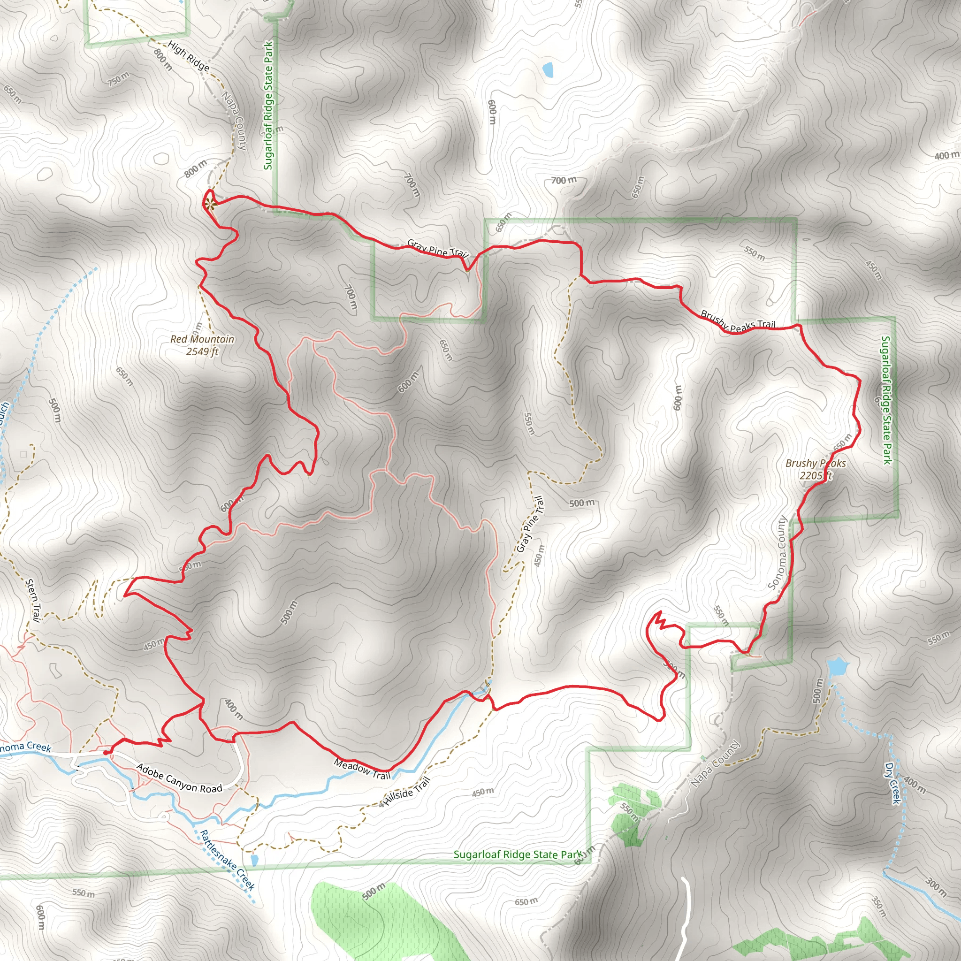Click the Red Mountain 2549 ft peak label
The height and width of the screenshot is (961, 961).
[x=202, y=345]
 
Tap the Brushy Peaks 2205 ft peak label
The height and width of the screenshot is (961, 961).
[x=815, y=469]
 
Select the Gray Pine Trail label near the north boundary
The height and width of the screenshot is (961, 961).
[x=437, y=248]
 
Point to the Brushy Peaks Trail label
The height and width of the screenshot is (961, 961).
[x=738, y=321]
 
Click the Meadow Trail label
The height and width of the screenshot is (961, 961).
[x=362, y=769]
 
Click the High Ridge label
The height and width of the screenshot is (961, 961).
[x=189, y=56]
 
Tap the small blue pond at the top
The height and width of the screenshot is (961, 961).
[x=548, y=69]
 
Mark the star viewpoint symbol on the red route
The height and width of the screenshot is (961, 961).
[x=209, y=203]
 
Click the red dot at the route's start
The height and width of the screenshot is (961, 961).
[x=106, y=753]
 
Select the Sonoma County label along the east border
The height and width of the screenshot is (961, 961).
[x=778, y=553]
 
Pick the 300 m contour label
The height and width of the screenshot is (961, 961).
[x=936, y=887]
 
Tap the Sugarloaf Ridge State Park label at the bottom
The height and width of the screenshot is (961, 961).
[x=517, y=854]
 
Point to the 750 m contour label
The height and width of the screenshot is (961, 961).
[x=118, y=78]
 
